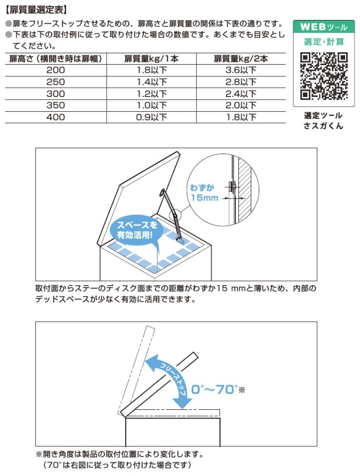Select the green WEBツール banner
click(323, 26)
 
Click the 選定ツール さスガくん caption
click(323, 121)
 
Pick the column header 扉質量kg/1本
click(153, 59)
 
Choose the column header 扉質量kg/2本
click(241, 59)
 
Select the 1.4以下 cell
click(153, 82)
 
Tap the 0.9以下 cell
click(153, 117)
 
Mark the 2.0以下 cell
click(241, 106)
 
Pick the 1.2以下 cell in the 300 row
click(153, 94)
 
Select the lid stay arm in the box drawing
click(171, 212)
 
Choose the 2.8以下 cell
click(241, 82)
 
